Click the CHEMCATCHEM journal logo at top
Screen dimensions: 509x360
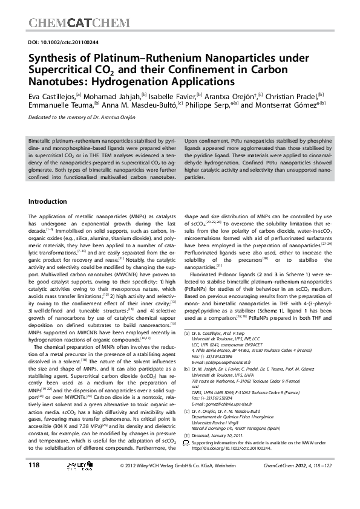79,24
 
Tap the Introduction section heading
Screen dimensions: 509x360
50,201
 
